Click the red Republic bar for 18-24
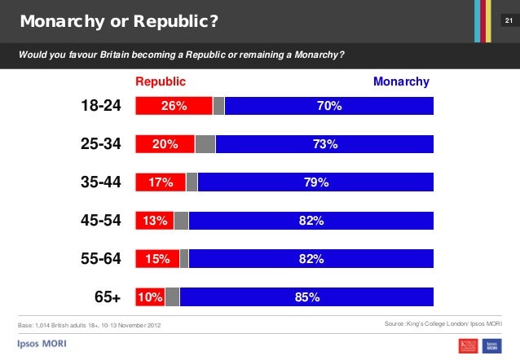pyautogui.click(x=174, y=106)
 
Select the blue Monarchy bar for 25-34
pyautogui.click(x=324, y=144)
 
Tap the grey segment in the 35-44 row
pyautogui.click(x=192, y=182)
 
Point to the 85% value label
pyautogui.click(x=307, y=297)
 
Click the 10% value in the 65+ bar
pyautogui.click(x=149, y=297)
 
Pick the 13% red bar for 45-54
pyautogui.click(x=155, y=221)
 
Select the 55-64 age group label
pyautogui.click(x=101, y=259)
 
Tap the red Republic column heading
pyautogui.click(x=161, y=81)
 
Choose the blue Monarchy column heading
pyautogui.click(x=400, y=81)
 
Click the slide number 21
pyautogui.click(x=507, y=19)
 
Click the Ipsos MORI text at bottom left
pyautogui.click(x=42, y=344)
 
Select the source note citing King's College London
pyautogui.click(x=443, y=326)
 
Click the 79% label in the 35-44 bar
pyautogui.click(x=316, y=182)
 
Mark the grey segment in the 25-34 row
pyautogui.click(x=205, y=144)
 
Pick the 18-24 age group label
pyautogui.click(x=101, y=106)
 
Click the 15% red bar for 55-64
pyautogui.click(x=157, y=259)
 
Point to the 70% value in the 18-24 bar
pyautogui.click(x=329, y=106)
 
